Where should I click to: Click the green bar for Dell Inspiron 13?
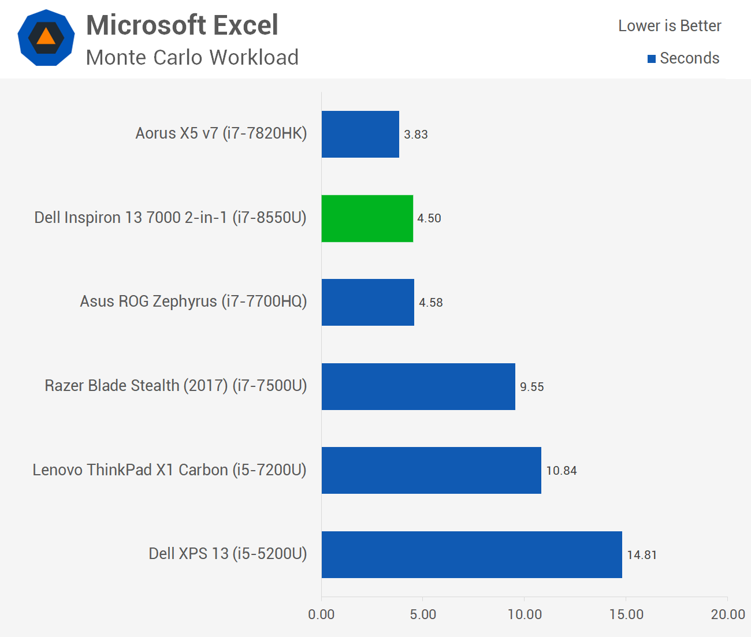(x=367, y=218)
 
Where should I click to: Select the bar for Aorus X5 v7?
(x=360, y=134)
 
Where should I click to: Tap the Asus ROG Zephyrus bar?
(x=368, y=302)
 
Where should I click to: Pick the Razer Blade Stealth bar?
(x=418, y=386)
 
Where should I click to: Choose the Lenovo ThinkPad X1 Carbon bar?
(x=432, y=470)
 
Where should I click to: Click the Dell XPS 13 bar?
(x=472, y=554)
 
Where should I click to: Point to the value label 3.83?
(x=416, y=135)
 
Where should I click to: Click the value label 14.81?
(x=642, y=555)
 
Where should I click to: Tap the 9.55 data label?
(x=532, y=387)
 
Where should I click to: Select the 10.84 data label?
(x=562, y=471)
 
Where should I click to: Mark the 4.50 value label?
(x=429, y=218)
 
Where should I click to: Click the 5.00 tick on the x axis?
(x=423, y=614)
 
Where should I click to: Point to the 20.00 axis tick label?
(x=728, y=614)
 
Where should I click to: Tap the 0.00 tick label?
(x=321, y=614)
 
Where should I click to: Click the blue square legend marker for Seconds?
(x=652, y=59)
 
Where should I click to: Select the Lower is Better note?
(x=670, y=26)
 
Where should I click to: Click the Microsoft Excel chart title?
(x=182, y=25)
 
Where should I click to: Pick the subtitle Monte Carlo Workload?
(x=192, y=58)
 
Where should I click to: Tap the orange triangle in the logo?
(x=46, y=37)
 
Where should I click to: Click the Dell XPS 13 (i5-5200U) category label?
(x=228, y=554)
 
